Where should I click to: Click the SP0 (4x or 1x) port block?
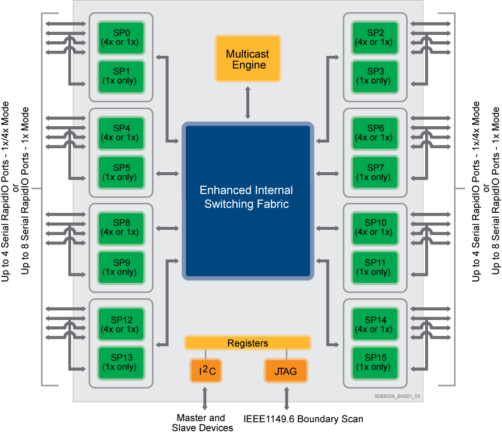(x=120, y=38)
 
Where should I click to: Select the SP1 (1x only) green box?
(x=120, y=76)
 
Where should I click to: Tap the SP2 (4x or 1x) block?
(x=375, y=38)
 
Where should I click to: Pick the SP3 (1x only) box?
(x=375, y=76)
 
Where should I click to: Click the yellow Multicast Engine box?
(x=248, y=59)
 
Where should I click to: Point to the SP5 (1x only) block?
(x=120, y=173)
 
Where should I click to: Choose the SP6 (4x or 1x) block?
(x=375, y=133)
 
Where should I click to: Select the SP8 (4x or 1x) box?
(x=120, y=227)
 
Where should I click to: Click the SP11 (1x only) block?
(x=375, y=268)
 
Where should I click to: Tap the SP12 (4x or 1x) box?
(x=120, y=325)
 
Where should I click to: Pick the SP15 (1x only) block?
(x=375, y=362)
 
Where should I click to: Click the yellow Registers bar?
(x=248, y=343)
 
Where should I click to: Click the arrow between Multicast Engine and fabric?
(x=248, y=102)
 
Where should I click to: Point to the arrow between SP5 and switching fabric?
(x=168, y=173)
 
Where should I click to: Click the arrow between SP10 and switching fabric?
(x=327, y=228)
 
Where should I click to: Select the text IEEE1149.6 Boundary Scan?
(x=303, y=419)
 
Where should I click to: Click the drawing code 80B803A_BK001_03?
(x=397, y=396)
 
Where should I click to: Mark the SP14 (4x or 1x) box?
(x=375, y=325)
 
